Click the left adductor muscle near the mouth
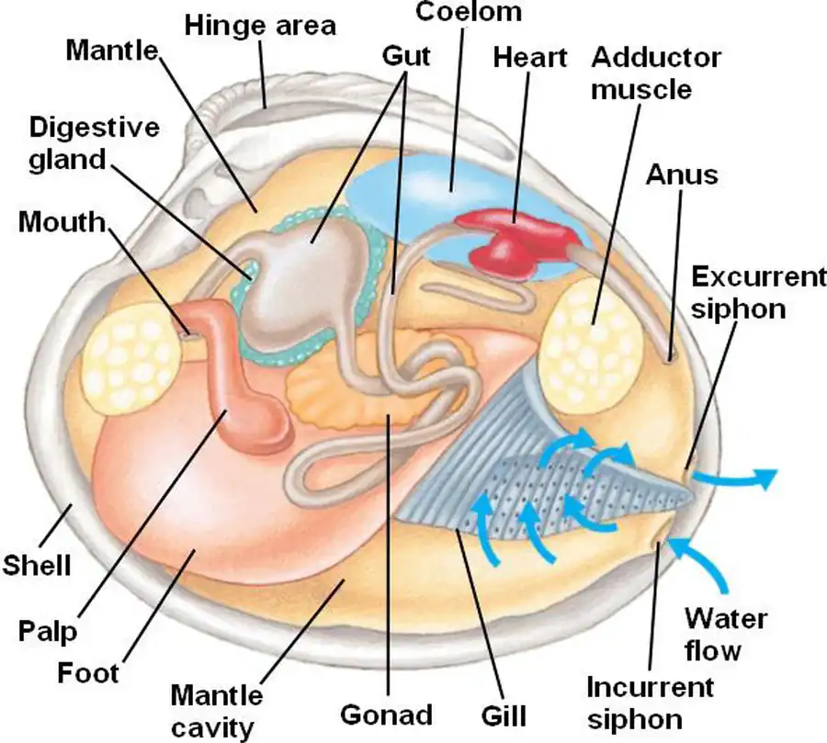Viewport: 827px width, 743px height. pos(130,358)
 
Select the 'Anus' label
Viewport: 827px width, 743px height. pos(681,174)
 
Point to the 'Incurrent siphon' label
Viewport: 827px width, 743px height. pos(650,702)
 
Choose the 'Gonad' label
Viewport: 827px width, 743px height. pos(386,714)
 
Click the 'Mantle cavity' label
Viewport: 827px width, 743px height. pos(218,710)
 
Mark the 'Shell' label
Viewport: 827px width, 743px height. pos(36,563)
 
